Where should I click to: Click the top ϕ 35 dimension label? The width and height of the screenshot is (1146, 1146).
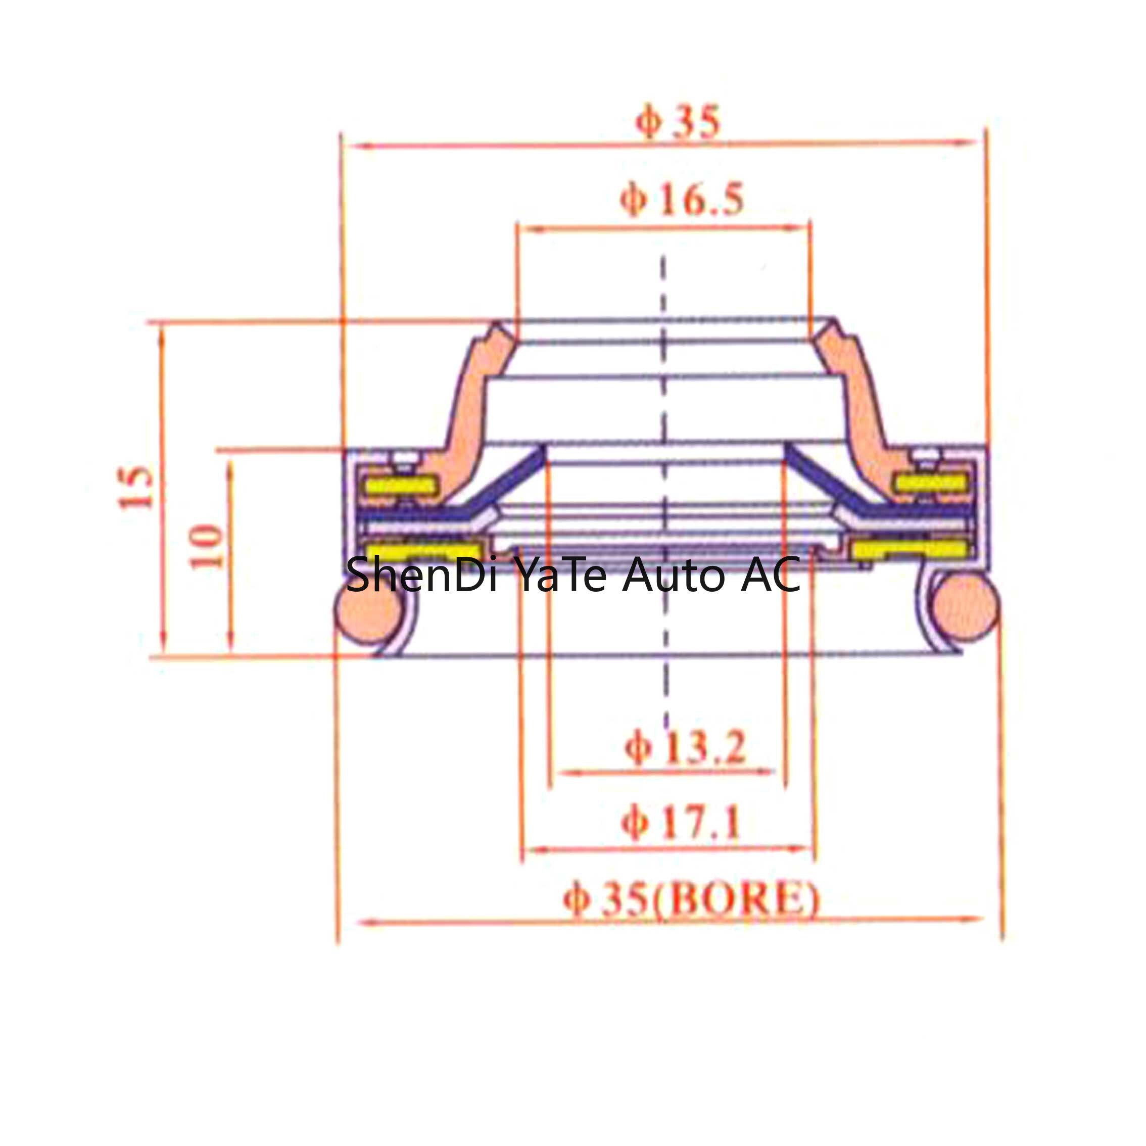678,122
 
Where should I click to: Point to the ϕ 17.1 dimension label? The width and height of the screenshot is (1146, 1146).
681,825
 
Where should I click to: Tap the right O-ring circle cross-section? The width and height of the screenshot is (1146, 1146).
965,608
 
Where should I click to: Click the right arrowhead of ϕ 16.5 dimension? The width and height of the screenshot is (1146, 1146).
798,228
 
